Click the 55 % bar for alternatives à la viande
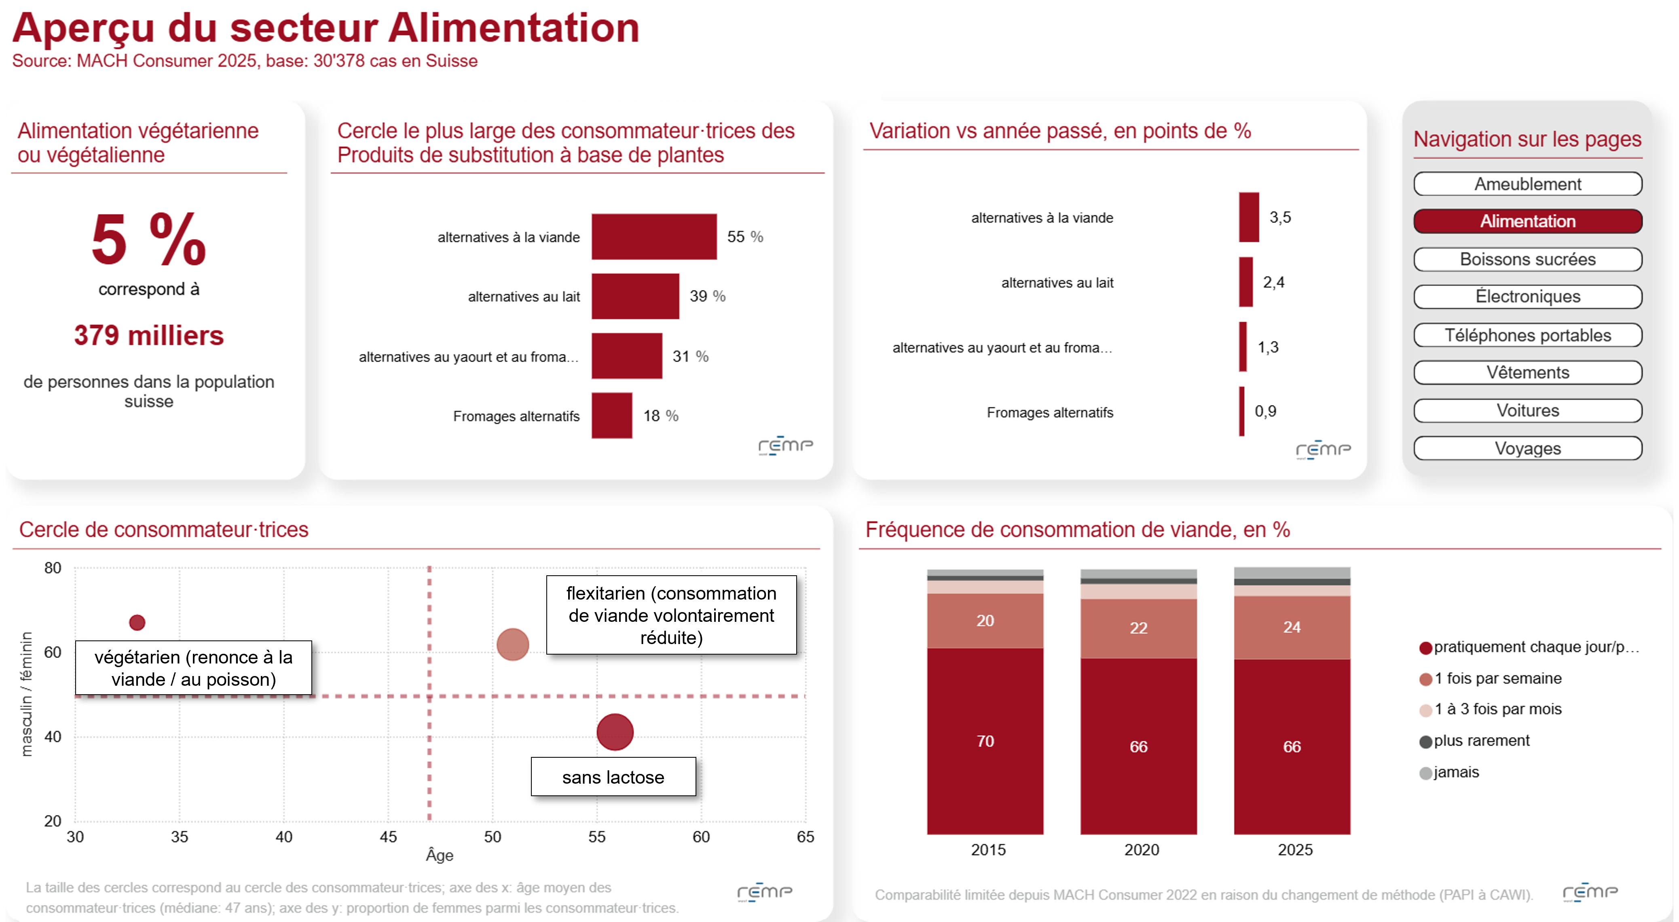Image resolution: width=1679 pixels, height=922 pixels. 654,237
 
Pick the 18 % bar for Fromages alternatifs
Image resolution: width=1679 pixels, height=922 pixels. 611,415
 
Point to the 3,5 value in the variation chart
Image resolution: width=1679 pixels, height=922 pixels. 1279,217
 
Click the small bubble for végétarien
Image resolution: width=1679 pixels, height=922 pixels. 137,623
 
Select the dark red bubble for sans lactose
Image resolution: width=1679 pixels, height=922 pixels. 615,731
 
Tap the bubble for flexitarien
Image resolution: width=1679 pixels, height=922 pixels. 512,644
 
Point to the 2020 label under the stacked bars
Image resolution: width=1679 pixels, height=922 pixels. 1141,850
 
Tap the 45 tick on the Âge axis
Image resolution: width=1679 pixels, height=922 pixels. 388,837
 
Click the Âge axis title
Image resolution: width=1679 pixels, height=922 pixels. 439,855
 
